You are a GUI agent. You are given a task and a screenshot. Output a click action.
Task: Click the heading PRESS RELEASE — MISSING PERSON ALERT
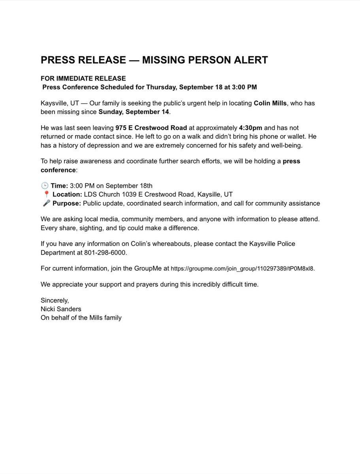tap(154, 60)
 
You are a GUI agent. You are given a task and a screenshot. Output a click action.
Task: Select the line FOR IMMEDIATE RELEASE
tap(83, 79)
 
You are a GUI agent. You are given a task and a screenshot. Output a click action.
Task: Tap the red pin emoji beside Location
tap(46, 194)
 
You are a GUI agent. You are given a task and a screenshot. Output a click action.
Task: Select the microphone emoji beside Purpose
tap(46, 203)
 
